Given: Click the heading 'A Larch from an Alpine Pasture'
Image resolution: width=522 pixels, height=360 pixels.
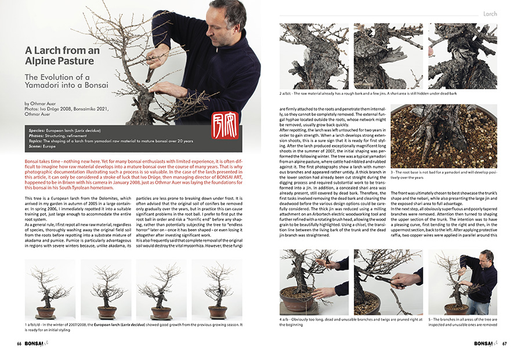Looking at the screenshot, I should click(x=62, y=56).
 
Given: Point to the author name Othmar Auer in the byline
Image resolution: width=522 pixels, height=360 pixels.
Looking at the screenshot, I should click(x=44, y=104).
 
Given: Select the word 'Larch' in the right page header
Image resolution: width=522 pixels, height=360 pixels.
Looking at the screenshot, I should click(x=490, y=13).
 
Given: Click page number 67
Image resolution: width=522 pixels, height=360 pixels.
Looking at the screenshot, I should click(x=505, y=343).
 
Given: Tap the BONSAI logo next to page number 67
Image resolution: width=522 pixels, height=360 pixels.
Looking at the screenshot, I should click(x=484, y=343).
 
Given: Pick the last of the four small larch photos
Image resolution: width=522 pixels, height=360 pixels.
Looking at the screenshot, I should click(x=213, y=289).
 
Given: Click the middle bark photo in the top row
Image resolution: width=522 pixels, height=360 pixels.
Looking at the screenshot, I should click(x=388, y=56).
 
